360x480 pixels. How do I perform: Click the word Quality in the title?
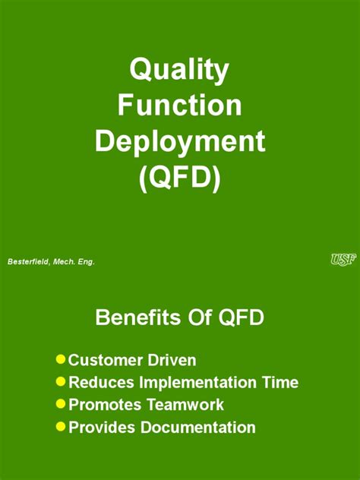click(x=179, y=71)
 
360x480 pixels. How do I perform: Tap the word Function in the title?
click(x=179, y=106)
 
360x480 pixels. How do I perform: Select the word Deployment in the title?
click(x=179, y=143)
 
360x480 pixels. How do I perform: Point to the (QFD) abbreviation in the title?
click(x=179, y=179)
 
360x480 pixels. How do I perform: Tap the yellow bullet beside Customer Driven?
click(x=61, y=358)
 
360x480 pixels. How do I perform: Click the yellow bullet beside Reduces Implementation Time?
click(x=61, y=381)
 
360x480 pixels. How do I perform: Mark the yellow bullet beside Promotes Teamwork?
click(x=61, y=404)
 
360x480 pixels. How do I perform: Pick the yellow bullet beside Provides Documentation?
click(x=61, y=427)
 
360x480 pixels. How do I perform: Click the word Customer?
click(x=105, y=360)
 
